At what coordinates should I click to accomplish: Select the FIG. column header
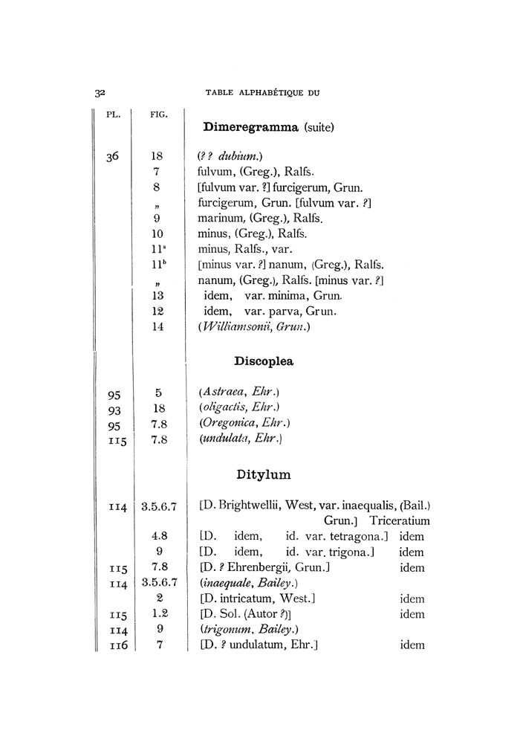tap(157, 115)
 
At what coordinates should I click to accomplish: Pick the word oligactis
tap(227, 408)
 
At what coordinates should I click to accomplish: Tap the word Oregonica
tap(230, 424)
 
